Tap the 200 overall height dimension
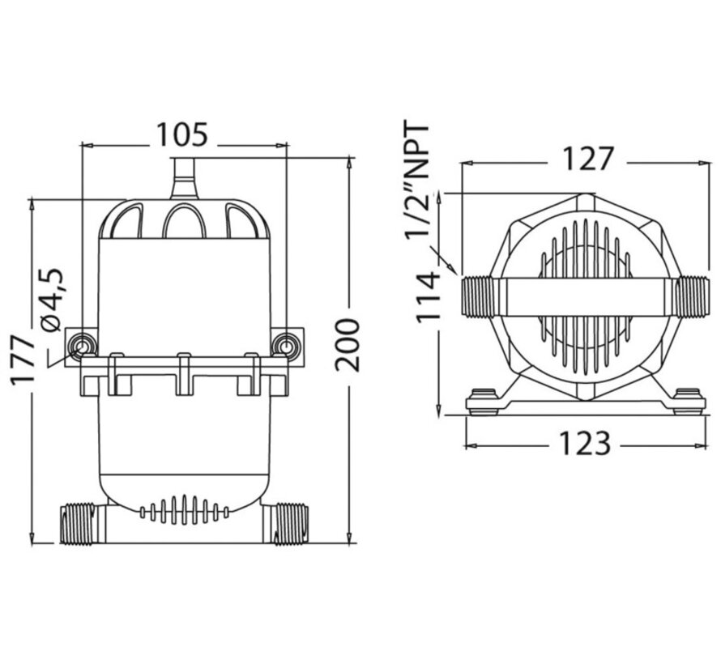pos(348,344)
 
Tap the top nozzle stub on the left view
pos(184,179)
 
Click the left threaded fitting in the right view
pos(479,296)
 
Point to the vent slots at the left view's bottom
pos(184,509)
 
